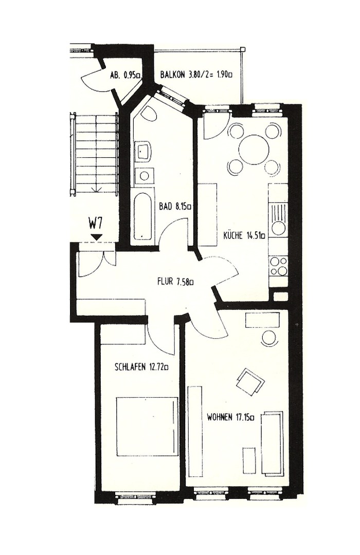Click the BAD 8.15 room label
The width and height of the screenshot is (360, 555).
click(x=175, y=207)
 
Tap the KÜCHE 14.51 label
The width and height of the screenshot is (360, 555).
click(x=244, y=236)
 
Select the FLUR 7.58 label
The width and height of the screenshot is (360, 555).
click(x=175, y=282)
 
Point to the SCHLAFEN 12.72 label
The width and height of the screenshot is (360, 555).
click(x=142, y=367)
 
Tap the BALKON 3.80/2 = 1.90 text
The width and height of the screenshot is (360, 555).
click(x=196, y=75)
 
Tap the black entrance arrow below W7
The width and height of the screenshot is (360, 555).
click(x=96, y=236)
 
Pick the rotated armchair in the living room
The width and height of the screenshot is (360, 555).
click(x=249, y=382)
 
